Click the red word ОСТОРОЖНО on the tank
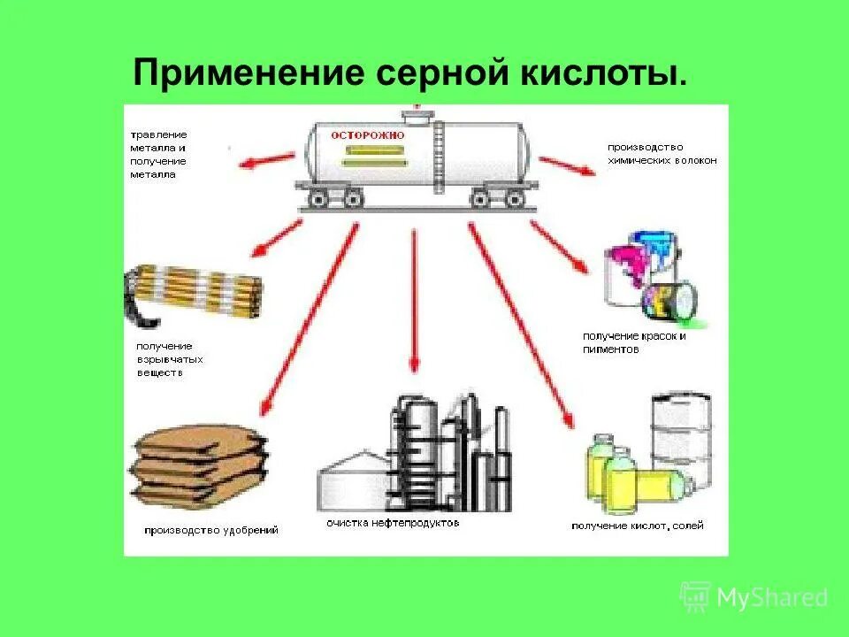tap(368, 135)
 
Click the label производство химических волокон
tap(662, 154)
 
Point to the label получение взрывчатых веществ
tap(169, 359)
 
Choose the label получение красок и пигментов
tap(634, 342)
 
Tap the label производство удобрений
tap(212, 530)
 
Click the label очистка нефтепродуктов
tap(393, 523)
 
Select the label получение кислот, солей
tap(638, 526)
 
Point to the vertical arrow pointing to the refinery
tap(413, 301)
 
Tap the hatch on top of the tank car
tap(414, 115)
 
